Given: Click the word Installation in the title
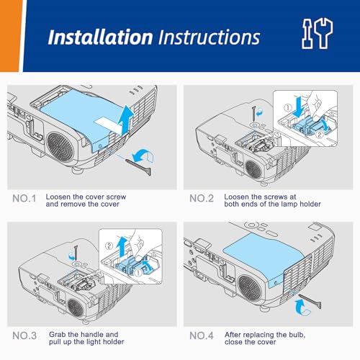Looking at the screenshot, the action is [x=100, y=37].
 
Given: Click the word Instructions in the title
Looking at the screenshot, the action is [x=210, y=37].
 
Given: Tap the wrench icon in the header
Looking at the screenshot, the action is [x=323, y=34].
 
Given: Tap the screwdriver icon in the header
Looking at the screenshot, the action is [x=307, y=34].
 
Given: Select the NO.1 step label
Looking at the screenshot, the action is [x=24, y=199].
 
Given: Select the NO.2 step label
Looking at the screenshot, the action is [x=202, y=199].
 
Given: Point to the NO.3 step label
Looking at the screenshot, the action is [x=24, y=336].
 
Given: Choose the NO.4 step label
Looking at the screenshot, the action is [x=202, y=336].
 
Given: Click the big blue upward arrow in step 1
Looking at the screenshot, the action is [x=126, y=120].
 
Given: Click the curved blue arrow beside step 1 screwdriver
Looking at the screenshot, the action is [x=143, y=156].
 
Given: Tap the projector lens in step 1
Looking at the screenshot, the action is [x=60, y=146].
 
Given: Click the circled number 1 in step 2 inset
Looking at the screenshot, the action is [x=288, y=108].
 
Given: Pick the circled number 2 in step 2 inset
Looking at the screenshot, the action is [x=320, y=135].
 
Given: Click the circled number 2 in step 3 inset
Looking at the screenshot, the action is [x=109, y=246].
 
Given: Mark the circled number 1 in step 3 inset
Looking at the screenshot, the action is [x=138, y=273].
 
